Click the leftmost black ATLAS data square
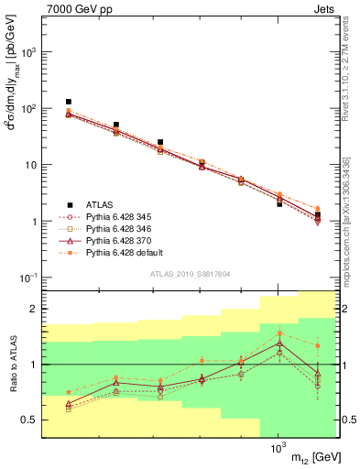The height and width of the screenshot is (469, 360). tap(69, 102)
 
